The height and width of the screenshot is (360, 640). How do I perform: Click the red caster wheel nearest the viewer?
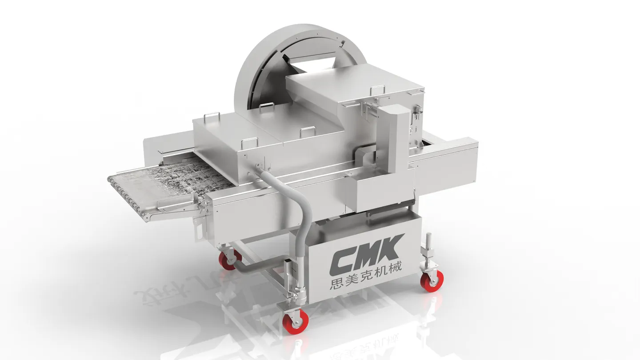295,321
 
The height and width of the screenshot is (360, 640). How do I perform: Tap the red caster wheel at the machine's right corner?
432,280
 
